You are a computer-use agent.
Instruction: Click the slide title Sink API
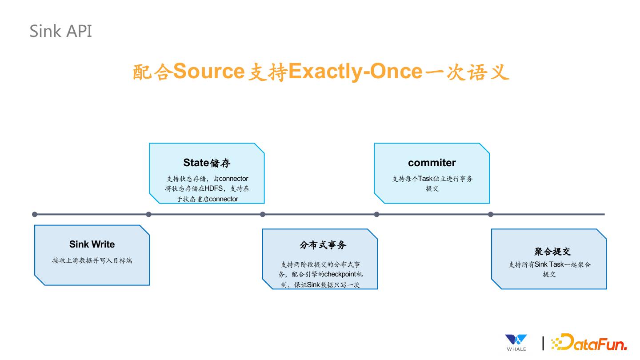[61, 31]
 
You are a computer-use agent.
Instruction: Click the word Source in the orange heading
[208, 71]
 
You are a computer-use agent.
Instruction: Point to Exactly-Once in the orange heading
[355, 71]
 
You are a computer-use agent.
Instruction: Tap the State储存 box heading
[207, 163]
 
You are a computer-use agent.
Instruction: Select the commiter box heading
[432, 163]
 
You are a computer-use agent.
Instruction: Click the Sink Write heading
[92, 244]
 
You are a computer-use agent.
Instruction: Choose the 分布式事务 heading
[323, 245]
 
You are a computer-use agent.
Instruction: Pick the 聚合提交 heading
[552, 252]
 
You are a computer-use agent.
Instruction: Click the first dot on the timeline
[35, 214]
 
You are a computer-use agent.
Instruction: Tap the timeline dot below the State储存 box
[149, 214]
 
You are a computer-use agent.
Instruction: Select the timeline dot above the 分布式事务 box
[263, 214]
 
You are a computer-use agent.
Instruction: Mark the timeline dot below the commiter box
[377, 214]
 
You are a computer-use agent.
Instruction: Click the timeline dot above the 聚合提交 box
[491, 214]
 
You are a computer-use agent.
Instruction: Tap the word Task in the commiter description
[425, 179]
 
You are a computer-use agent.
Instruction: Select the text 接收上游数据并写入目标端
[92, 260]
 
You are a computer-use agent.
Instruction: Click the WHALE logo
[516, 342]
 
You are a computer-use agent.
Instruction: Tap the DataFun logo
[589, 342]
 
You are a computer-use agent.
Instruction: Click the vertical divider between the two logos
[543, 343]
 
